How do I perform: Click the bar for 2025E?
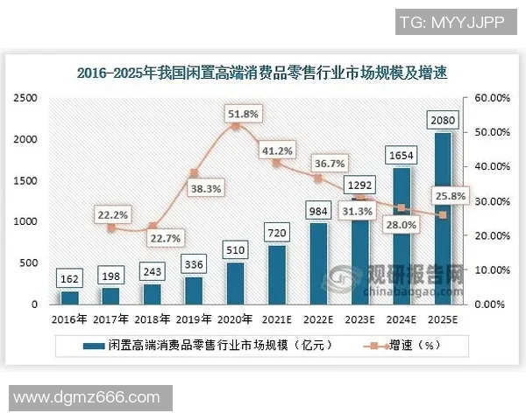point(443,218)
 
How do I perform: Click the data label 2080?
point(443,118)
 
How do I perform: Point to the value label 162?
point(69,279)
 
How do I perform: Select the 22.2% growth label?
point(112,214)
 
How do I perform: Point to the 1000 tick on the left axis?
point(25,221)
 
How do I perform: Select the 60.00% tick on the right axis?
point(492,98)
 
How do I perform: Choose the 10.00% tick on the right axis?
point(492,270)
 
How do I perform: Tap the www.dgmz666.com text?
point(85,397)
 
